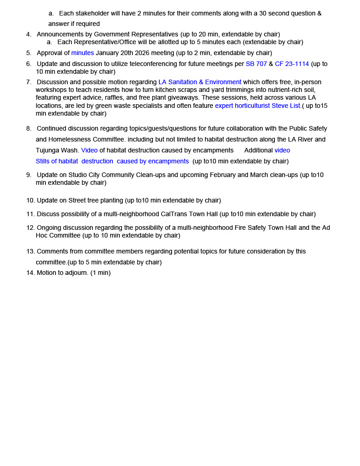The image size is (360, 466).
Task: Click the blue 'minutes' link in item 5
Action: click(x=82, y=53)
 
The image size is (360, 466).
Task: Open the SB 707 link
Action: click(x=256, y=64)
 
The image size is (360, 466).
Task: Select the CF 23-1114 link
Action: click(x=292, y=64)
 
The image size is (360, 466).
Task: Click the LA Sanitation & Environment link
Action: click(x=200, y=82)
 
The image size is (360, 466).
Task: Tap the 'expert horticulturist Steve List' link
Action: click(x=258, y=106)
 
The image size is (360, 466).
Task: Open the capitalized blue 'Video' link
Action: click(x=89, y=150)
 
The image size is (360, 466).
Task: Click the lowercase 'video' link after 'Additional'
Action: click(x=282, y=150)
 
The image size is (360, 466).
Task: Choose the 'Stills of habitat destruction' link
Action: click(x=112, y=161)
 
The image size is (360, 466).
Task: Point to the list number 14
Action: click(x=30, y=273)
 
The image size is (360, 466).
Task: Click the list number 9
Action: click(x=29, y=175)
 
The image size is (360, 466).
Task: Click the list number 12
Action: click(x=30, y=228)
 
